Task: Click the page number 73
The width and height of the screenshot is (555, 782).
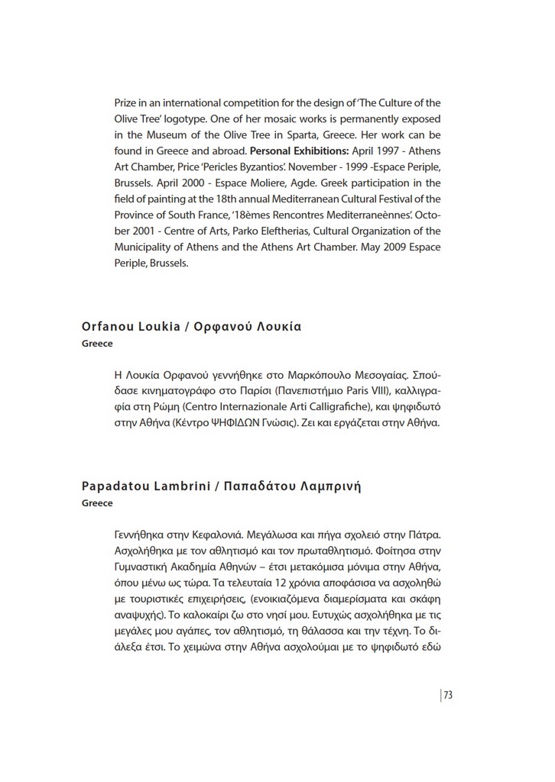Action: click(x=449, y=695)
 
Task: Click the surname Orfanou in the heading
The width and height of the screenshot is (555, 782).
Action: click(x=107, y=327)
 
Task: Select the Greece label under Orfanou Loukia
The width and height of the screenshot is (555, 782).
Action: click(x=97, y=344)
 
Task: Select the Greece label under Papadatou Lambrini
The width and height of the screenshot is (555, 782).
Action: click(x=97, y=503)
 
